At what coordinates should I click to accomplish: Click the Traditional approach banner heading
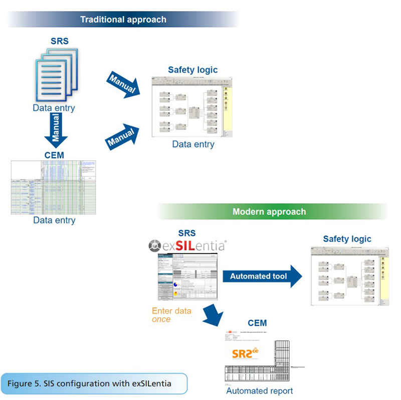123,20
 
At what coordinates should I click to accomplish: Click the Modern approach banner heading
269,211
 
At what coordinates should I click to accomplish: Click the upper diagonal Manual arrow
123,83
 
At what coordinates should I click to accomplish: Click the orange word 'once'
161,319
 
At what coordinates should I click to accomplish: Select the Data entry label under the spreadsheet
54,220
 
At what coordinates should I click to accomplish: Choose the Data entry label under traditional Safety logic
193,145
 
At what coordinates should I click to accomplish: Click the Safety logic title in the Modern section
347,239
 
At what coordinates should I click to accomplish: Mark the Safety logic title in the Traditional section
192,70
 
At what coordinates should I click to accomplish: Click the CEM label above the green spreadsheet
54,155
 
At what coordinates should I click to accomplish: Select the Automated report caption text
259,391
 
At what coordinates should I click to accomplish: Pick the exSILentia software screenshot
187,279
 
